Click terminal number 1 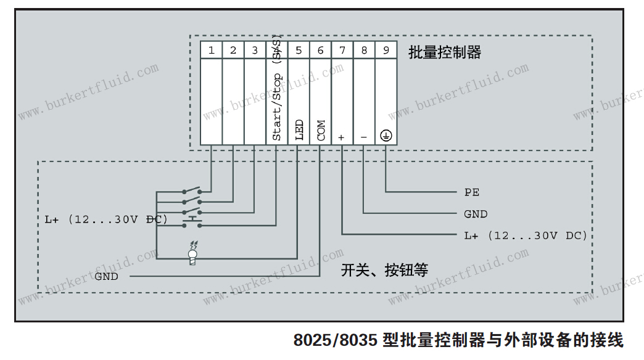pos(212,50)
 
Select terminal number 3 pos(255,50)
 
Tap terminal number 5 pos(299,50)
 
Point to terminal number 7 pos(342,50)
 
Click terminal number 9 pos(386,50)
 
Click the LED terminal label pos(299,130)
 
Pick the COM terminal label pos(321,130)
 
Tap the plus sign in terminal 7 pos(342,137)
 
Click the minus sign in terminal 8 pos(364,137)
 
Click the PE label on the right pos(472,192)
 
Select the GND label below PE pos(476,214)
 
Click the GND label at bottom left pos(106,276)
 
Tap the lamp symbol pos(192,253)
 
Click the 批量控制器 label pos(444,52)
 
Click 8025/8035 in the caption pos(335,340)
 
